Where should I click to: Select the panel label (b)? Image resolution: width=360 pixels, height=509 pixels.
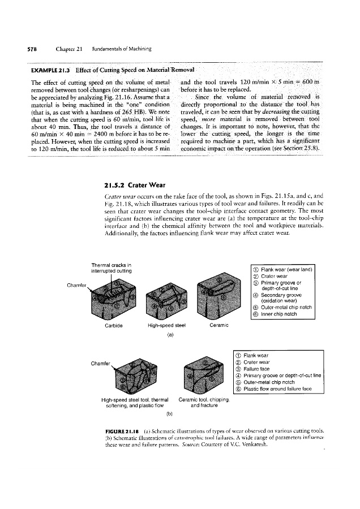(169, 421)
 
